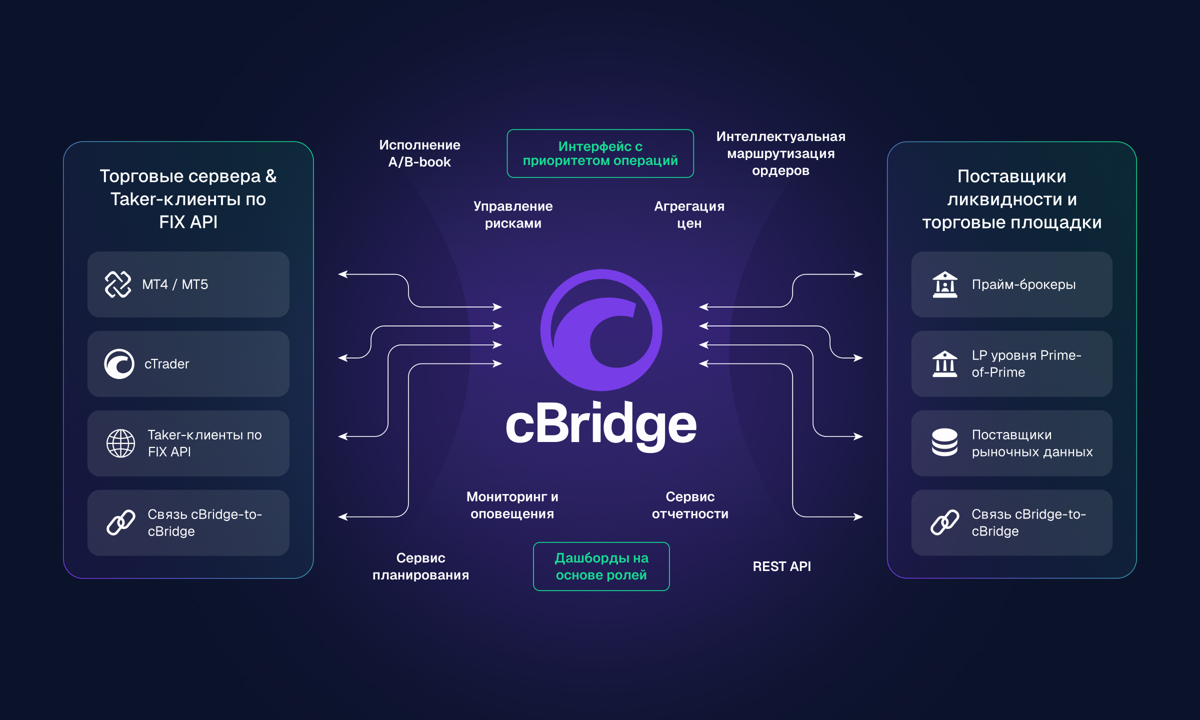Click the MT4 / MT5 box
188,284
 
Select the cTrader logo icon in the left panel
119,364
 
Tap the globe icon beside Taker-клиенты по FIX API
120,443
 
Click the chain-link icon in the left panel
120,522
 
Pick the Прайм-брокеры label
1023,284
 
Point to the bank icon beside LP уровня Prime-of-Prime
944,364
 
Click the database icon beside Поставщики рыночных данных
944,443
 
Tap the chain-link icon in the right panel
944,522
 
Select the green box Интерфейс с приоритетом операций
600,153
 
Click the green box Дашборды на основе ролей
601,566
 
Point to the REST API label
781,566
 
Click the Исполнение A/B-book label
419,153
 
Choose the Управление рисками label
513,214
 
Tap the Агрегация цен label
689,214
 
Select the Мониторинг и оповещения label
512,505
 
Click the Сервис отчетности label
690,505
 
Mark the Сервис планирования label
420,566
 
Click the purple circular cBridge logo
601,330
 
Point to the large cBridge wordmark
601,425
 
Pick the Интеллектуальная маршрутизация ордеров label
780,153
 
